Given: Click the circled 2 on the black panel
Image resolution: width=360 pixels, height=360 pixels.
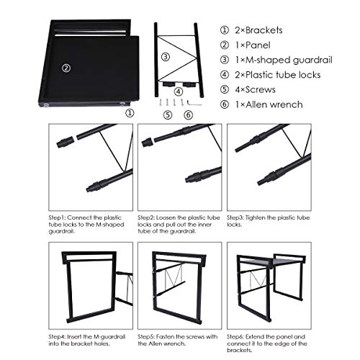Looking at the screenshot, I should click(66, 68).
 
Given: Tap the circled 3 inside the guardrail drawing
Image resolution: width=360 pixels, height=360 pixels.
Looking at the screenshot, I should click(165, 57).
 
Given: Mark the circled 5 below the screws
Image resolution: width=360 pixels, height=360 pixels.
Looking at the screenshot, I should click(167, 114).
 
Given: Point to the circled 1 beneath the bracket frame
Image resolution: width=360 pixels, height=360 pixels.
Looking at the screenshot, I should click(130, 113).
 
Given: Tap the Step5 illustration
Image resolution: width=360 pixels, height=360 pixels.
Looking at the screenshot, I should click(179, 285).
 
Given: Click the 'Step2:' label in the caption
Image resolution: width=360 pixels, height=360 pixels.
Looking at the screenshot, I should click(149, 217).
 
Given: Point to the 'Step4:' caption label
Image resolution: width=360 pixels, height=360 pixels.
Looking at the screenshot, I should click(60, 336).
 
